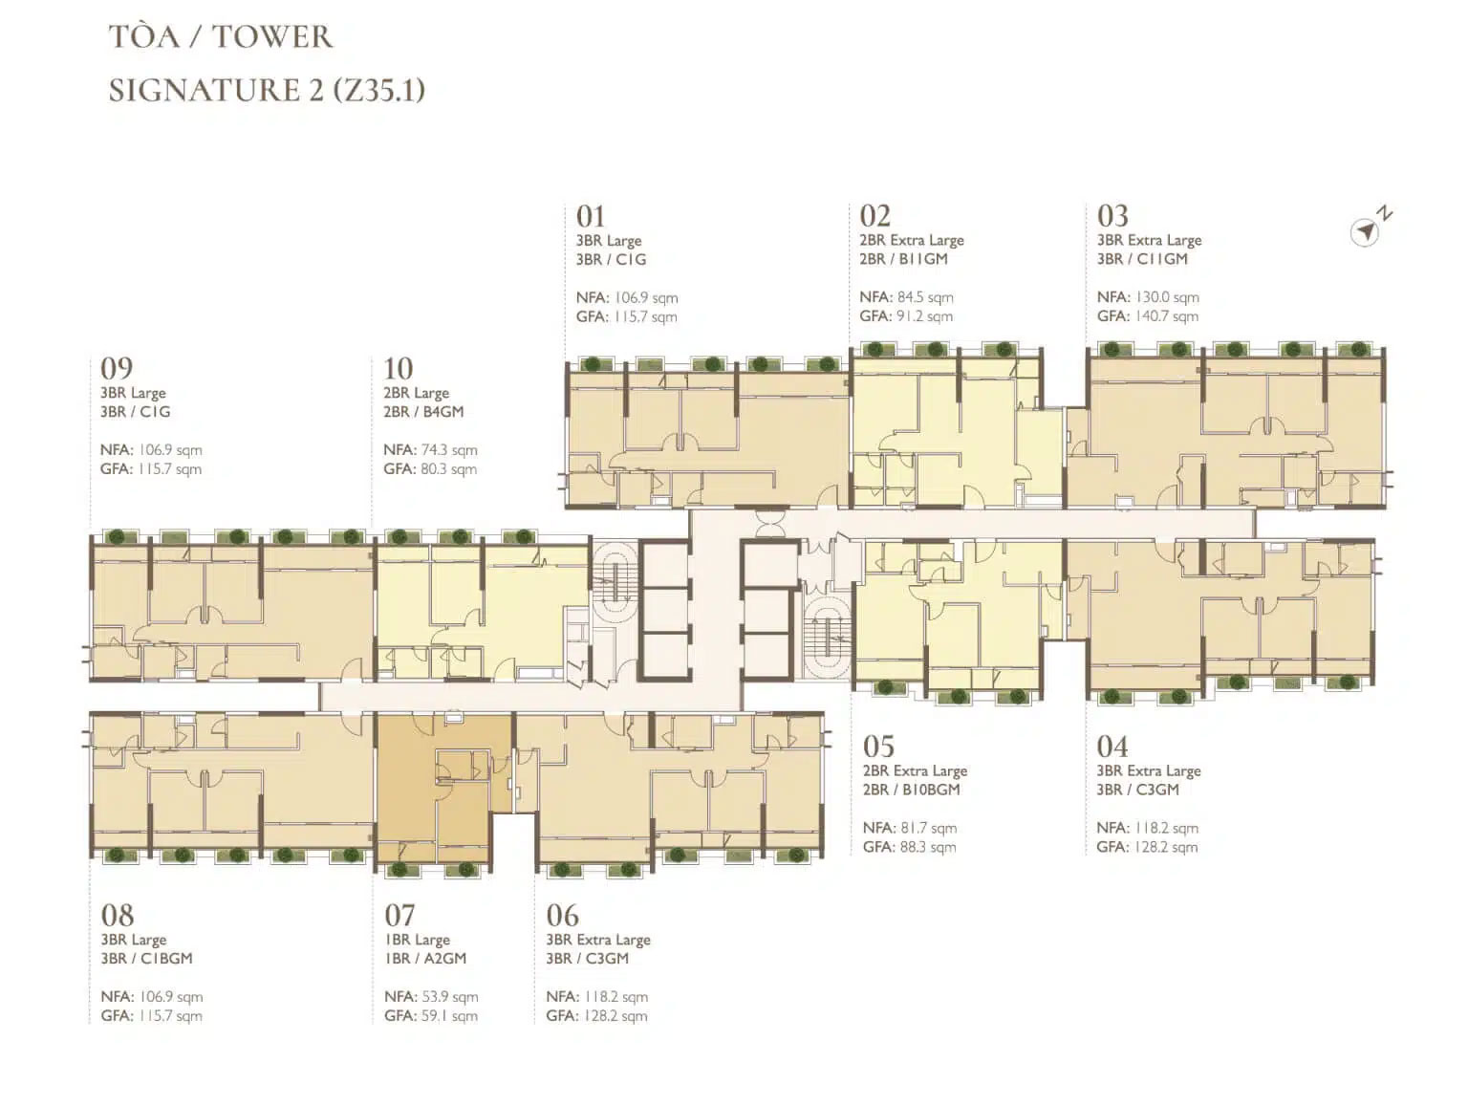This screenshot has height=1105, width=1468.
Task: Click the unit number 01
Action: [591, 217]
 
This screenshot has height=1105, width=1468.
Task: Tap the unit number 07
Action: [399, 915]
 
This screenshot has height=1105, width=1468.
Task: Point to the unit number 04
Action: [1112, 747]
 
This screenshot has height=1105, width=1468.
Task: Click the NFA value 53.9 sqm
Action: [449, 997]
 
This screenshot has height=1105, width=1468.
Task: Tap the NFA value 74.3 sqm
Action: [449, 450]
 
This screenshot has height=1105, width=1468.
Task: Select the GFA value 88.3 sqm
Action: [927, 848]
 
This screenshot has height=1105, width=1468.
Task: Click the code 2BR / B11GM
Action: [903, 259]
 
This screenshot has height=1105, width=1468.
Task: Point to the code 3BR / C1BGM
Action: [146, 959]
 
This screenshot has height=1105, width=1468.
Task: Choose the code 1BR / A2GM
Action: [425, 959]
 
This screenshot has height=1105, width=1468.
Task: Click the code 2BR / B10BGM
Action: [911, 790]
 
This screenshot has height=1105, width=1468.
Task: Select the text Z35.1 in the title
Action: [378, 90]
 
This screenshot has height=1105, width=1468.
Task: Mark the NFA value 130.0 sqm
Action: [1167, 297]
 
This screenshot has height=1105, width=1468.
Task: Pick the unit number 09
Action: [117, 369]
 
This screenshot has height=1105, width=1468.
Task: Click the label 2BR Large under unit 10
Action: [416, 393]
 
